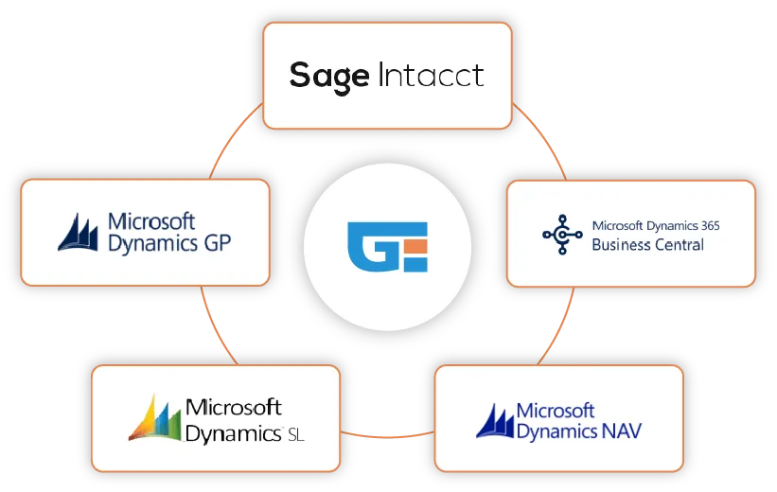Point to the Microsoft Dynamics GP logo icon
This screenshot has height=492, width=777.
[x=79, y=233]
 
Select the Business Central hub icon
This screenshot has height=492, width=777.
[x=561, y=234]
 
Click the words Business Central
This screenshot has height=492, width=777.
[x=647, y=244]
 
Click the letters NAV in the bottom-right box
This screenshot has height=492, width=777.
[x=627, y=432]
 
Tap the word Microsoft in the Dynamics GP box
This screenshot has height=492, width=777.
[x=151, y=221]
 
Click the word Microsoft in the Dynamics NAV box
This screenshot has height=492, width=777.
[x=556, y=411]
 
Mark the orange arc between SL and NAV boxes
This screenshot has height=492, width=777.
[x=387, y=435]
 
